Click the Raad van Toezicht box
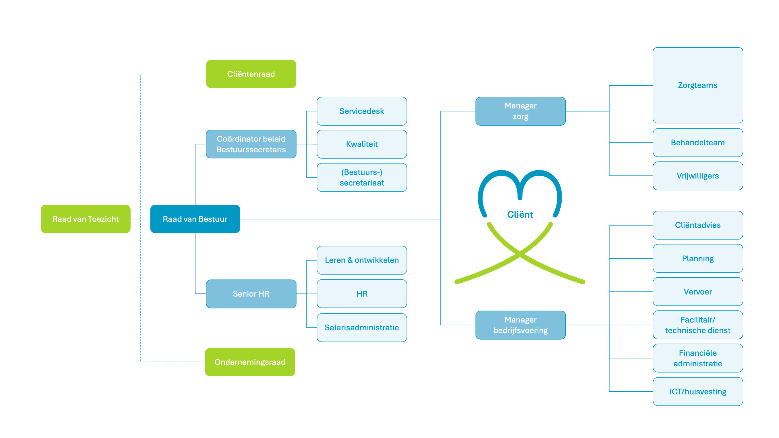pos(86,219)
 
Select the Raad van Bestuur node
pos(195,219)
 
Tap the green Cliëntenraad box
pos(251,74)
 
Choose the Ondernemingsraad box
pos(250,362)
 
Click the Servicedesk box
pos(362,111)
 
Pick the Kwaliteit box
pos(362,144)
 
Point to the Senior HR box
pos(251,294)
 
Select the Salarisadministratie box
pos(362,327)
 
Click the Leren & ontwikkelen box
pos(362,260)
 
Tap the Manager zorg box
pos(520,111)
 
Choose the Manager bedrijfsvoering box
pos(520,325)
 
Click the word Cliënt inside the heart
pos(520,214)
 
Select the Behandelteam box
pos(698,143)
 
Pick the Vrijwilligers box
pos(698,176)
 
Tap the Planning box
pos(698,258)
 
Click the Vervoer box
pos(698,292)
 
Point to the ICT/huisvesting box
pos(698,392)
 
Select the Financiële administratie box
pos(698,358)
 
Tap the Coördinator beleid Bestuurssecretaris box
pos(251,144)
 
